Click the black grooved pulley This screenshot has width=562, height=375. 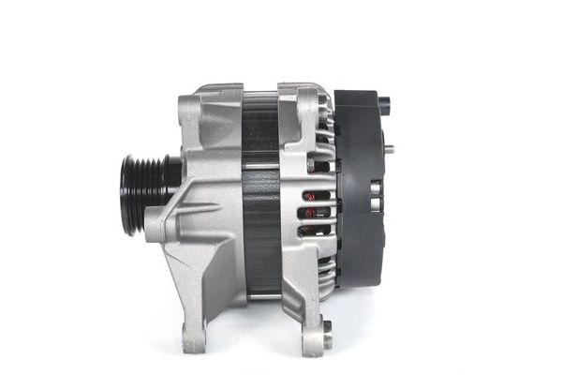(x=140, y=194)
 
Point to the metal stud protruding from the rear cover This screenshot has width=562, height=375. (x=387, y=148)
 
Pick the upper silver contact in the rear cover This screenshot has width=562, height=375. (x=374, y=188)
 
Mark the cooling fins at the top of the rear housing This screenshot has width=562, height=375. (x=324, y=117)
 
